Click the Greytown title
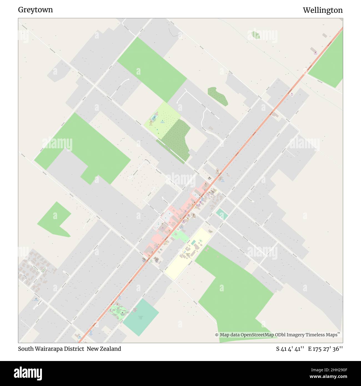(x=35, y=10)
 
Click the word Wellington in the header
(x=323, y=10)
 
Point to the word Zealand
(x=110, y=349)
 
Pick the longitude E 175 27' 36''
(x=325, y=349)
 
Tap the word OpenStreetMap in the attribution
(x=257, y=335)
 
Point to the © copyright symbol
(x=217, y=335)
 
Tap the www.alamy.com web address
(x=329, y=377)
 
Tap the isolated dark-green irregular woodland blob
(x=218, y=96)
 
